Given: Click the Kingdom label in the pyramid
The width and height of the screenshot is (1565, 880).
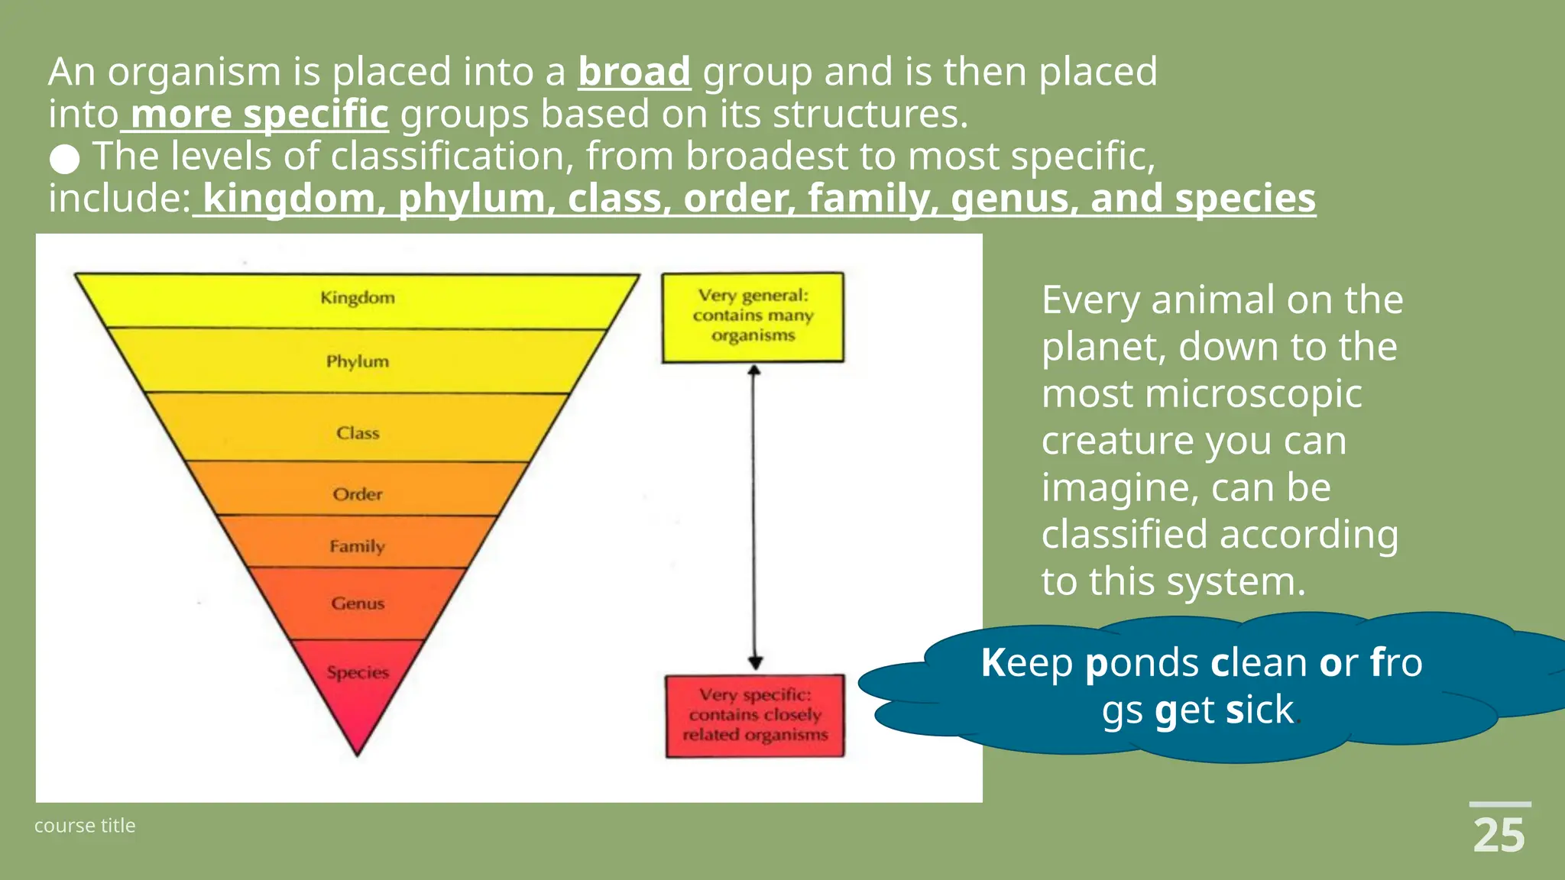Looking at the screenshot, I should click(x=358, y=298).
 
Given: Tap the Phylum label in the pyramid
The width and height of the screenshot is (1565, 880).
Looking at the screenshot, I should click(x=358, y=361).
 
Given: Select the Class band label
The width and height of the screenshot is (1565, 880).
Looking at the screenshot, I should click(x=358, y=433).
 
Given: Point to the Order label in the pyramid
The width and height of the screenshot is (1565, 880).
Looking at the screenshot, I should click(x=358, y=494).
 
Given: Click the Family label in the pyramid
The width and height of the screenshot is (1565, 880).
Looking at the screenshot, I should click(x=357, y=546).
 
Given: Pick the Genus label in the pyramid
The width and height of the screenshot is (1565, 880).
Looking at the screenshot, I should click(x=358, y=603).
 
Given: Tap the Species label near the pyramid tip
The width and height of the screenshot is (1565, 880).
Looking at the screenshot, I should click(x=358, y=672).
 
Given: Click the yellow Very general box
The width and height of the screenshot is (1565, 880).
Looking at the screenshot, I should click(x=753, y=316).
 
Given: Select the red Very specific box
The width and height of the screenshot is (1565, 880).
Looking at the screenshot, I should click(x=754, y=716).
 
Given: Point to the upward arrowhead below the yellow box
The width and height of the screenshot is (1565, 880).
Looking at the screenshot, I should click(x=754, y=370).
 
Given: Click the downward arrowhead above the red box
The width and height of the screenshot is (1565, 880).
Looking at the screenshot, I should click(x=755, y=662).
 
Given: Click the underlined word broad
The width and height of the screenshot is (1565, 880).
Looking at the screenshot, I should click(x=634, y=72).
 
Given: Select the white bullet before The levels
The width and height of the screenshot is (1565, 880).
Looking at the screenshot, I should click(x=65, y=159).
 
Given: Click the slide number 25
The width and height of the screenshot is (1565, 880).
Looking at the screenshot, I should click(x=1499, y=836).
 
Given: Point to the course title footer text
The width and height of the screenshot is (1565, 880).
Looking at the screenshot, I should click(x=85, y=826).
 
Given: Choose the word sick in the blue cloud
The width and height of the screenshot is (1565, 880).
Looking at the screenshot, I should click(x=1259, y=710).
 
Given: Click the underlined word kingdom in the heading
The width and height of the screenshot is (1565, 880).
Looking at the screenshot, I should click(x=289, y=199).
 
